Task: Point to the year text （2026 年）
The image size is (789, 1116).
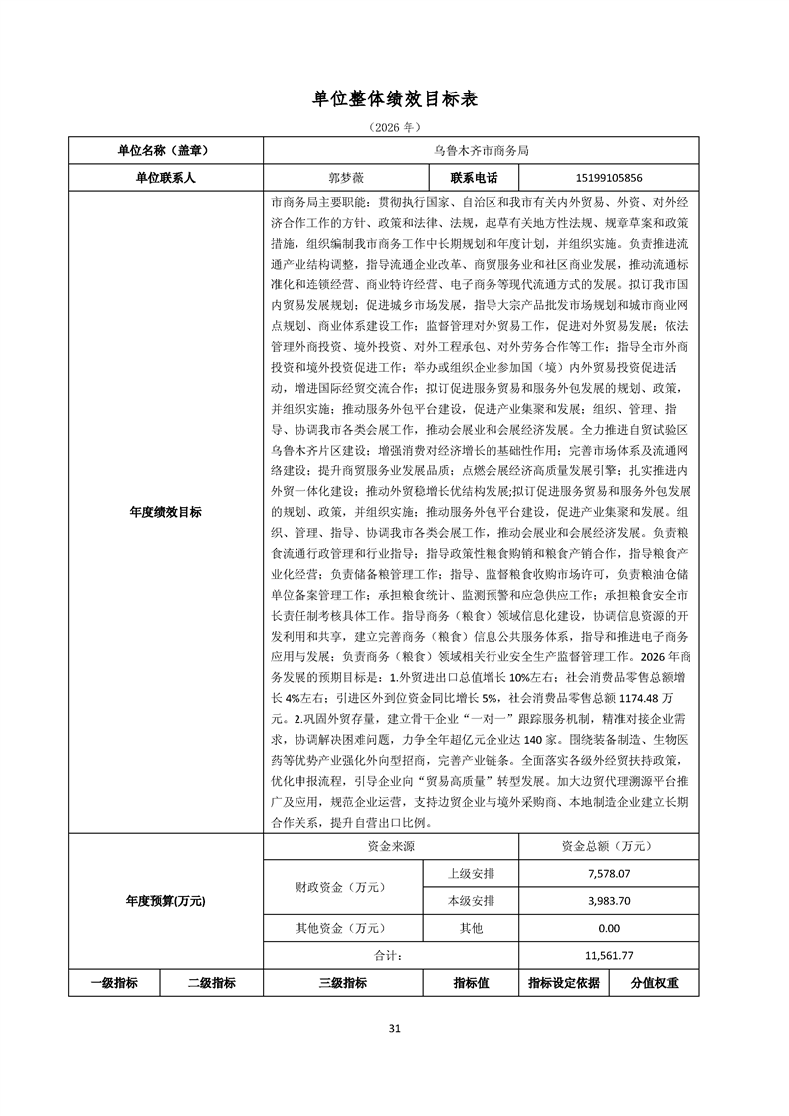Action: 394,127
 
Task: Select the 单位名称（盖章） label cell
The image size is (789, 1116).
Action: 164,151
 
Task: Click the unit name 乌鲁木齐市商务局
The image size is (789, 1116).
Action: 481,151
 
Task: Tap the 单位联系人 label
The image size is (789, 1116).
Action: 164,178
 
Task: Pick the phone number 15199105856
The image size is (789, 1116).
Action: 609,178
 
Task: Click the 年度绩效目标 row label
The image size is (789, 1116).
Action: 164,512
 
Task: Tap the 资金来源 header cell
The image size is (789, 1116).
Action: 390,847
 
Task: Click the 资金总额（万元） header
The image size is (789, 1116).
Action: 609,847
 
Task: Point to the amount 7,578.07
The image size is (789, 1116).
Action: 609,874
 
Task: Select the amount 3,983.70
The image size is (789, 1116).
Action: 609,901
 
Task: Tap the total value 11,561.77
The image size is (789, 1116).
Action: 609,955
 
